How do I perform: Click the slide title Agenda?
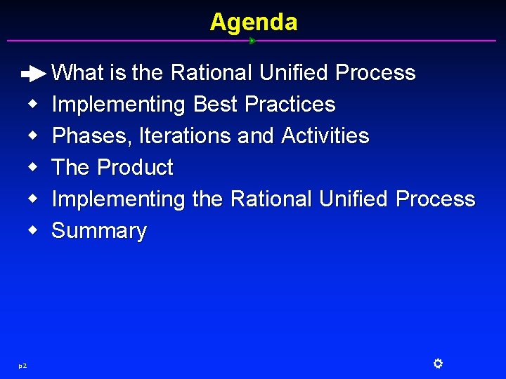pyautogui.click(x=253, y=22)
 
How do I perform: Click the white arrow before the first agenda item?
pyautogui.click(x=33, y=73)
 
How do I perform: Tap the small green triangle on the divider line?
pyautogui.click(x=252, y=41)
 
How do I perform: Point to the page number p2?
pyautogui.click(x=22, y=365)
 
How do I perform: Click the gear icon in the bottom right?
pyautogui.click(x=437, y=364)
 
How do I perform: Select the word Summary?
pyautogui.click(x=99, y=231)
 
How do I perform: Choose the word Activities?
pyautogui.click(x=325, y=135)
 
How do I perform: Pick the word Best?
pyautogui.click(x=215, y=105)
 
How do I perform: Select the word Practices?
pyautogui.click(x=290, y=105)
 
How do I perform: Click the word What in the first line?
pyautogui.click(x=78, y=73)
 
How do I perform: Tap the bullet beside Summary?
pyautogui.click(x=33, y=231)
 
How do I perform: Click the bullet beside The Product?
pyautogui.click(x=33, y=168)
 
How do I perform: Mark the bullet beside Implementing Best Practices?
pyautogui.click(x=33, y=105)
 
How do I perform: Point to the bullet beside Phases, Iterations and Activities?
pyautogui.click(x=33, y=136)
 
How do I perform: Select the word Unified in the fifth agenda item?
pyautogui.click(x=353, y=199)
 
